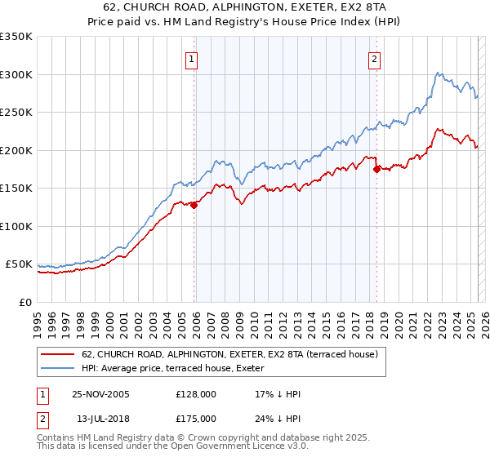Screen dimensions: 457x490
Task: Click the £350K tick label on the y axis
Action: click(16, 37)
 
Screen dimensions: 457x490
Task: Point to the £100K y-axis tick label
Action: click(16, 226)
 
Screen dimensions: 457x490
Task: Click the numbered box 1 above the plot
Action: click(191, 59)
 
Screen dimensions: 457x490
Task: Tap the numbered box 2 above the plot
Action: click(374, 59)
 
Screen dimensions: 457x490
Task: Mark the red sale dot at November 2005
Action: click(194, 206)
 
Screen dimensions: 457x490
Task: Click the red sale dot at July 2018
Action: click(376, 170)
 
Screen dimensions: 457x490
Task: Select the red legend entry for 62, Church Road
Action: click(229, 354)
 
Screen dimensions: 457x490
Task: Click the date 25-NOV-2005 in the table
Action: click(100, 394)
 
